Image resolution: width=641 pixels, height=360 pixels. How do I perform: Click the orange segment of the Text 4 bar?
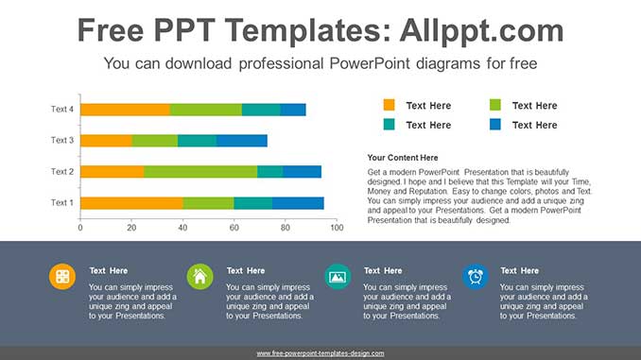pos(125,110)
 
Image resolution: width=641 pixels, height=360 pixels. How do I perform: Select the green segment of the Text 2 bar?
pos(200,172)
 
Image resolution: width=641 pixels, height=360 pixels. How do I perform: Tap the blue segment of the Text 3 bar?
pos(242,141)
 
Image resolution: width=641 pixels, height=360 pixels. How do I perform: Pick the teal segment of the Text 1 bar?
pos(253,203)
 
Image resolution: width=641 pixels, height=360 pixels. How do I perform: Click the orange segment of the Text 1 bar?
pos(131,203)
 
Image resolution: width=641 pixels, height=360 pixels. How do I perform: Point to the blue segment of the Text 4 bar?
pos(293,110)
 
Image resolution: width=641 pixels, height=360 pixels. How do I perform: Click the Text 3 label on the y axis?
pos(61,141)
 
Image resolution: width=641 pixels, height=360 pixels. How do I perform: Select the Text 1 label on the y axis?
pos(61,203)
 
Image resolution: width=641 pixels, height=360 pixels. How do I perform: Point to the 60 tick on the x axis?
pos(234,228)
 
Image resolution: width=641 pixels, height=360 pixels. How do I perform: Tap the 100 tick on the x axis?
pos(336,228)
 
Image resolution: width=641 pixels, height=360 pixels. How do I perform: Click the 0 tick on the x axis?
pos(80,228)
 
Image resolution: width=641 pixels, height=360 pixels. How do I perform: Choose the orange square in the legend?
pos(389,106)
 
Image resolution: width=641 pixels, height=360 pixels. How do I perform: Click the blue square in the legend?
pos(495,125)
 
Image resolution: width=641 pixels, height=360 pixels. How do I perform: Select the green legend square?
pos(495,106)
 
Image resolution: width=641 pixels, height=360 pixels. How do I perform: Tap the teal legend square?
pos(389,125)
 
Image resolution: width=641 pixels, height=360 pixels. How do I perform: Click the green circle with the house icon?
pos(199,276)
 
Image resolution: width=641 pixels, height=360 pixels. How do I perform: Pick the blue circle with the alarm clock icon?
pos(475,276)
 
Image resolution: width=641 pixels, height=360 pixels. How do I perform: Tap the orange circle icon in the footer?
pos(62,276)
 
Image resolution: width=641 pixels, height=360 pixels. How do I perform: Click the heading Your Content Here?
pos(403,158)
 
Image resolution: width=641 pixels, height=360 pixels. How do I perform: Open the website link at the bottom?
pos(320,353)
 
